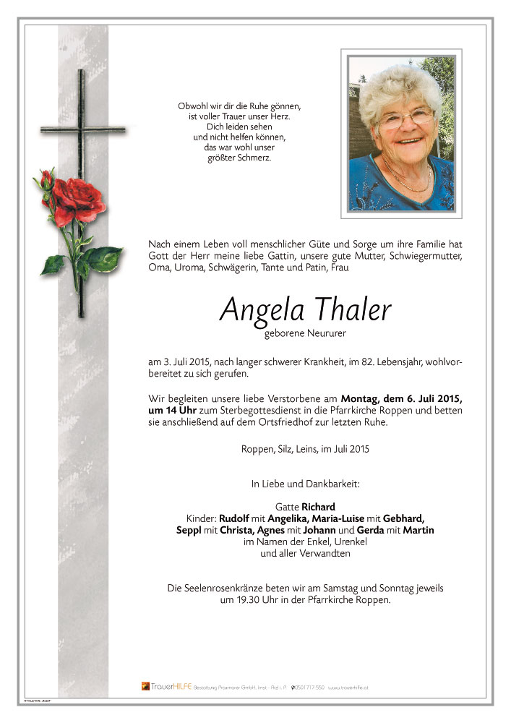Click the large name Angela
(258, 309)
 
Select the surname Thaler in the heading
(351, 309)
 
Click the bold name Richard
(318, 506)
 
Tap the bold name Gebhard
(402, 518)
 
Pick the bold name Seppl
(190, 530)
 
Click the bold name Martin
(419, 530)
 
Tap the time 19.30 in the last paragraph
(235, 600)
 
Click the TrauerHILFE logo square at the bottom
(145, 685)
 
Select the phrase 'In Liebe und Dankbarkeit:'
(304, 483)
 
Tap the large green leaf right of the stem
(103, 257)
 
